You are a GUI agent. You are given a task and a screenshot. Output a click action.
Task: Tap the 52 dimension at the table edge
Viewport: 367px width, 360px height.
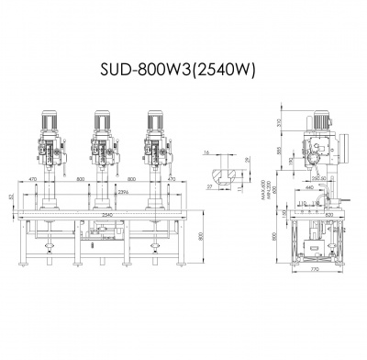[11, 197]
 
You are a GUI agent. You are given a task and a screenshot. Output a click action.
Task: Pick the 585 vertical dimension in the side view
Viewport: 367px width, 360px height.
[278, 151]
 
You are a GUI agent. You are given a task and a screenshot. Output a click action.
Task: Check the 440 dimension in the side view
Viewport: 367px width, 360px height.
[311, 187]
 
